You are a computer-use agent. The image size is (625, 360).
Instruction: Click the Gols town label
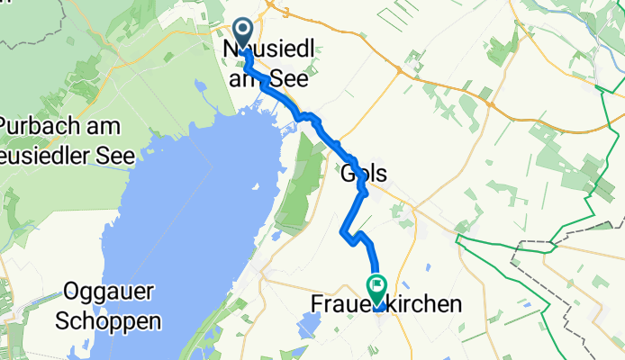click(x=364, y=174)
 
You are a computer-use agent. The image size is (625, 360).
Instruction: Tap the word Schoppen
click(x=113, y=319)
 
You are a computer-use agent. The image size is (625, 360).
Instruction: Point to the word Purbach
click(x=37, y=127)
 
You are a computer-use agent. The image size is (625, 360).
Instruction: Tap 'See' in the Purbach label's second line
click(x=115, y=155)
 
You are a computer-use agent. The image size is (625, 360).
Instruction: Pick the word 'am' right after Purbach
click(x=100, y=127)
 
